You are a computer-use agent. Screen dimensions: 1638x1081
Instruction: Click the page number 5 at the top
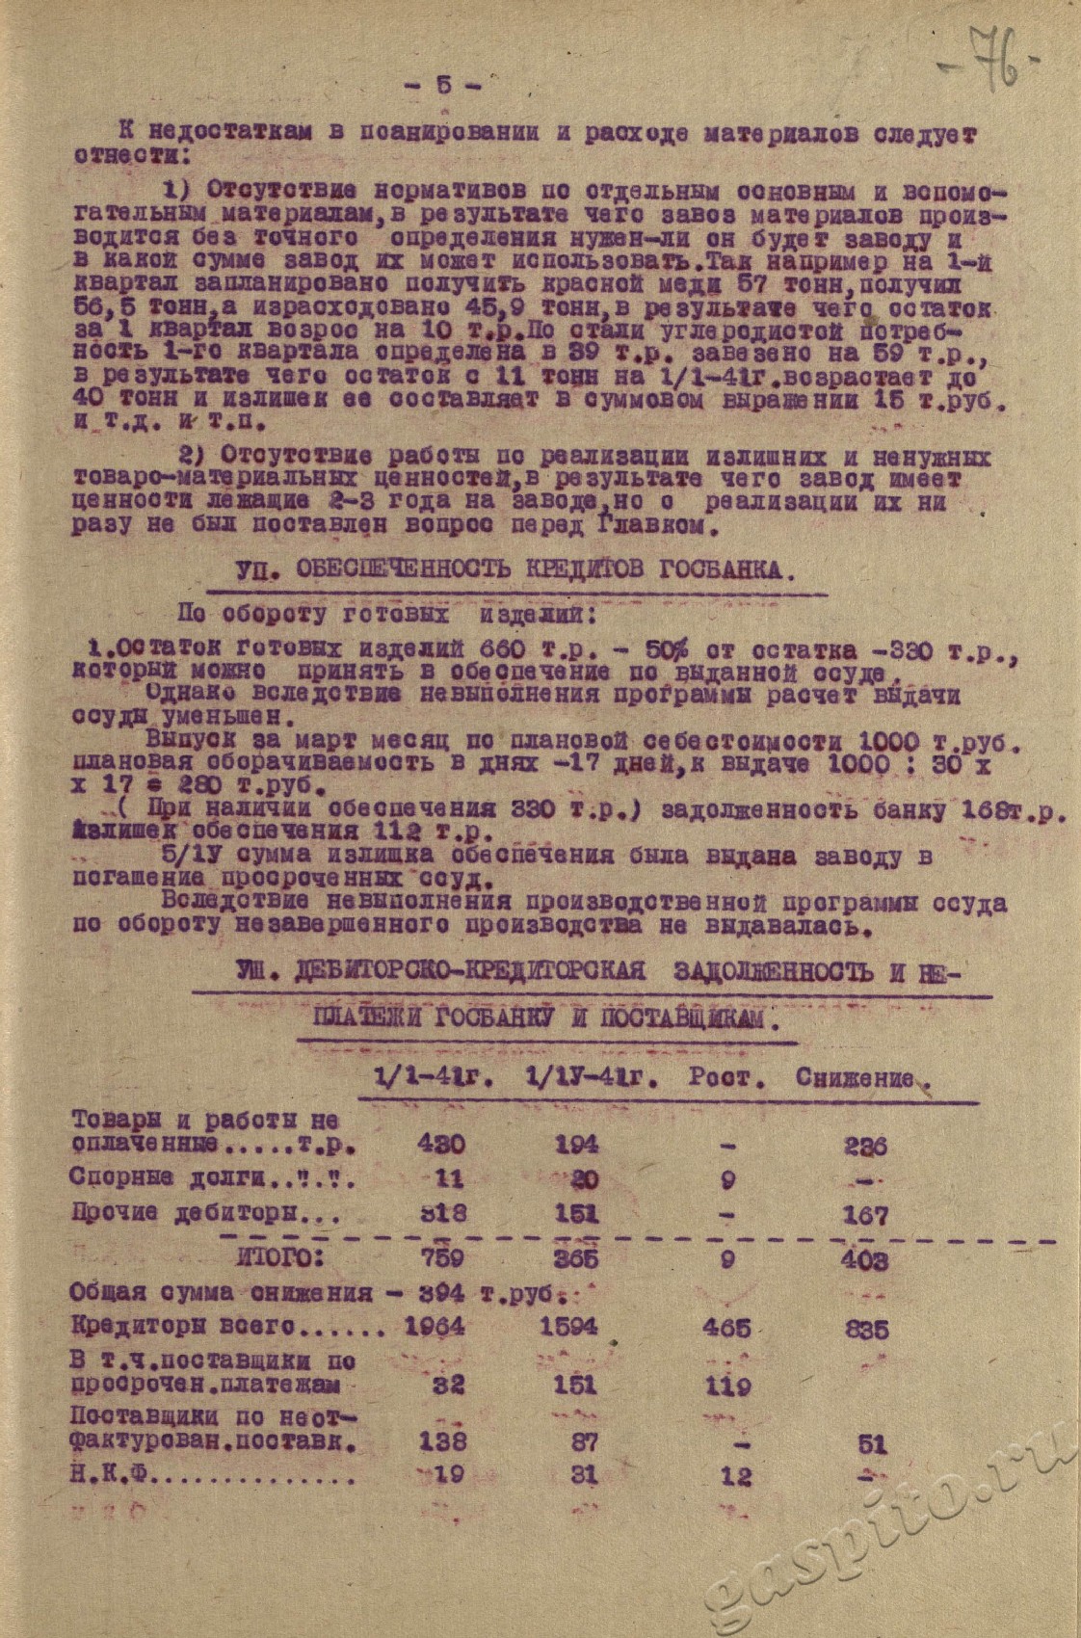443,84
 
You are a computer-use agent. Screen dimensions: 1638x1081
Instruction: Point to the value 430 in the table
440,1145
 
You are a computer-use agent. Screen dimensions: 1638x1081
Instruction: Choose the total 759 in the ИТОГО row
441,1258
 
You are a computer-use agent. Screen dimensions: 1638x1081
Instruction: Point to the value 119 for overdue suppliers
726,1387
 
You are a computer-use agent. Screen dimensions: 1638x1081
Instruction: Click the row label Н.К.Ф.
105,1473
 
